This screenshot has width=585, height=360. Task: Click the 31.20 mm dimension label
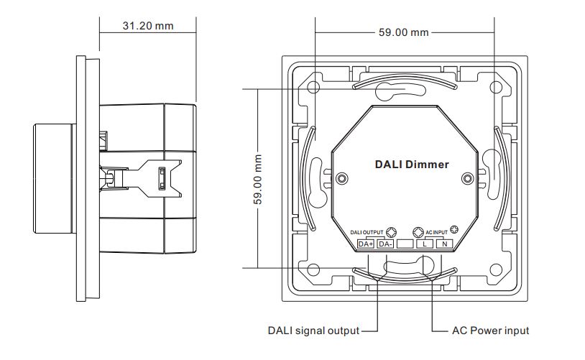point(148,26)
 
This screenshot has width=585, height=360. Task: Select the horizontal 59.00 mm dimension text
point(403,32)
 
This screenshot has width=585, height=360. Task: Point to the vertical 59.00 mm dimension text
point(258,179)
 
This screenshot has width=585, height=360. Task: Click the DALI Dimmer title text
point(412,165)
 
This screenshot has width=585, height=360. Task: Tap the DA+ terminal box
point(365,244)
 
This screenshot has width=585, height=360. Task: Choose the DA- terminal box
point(384,244)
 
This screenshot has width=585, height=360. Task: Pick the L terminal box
point(425,244)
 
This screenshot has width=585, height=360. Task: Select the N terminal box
point(445,244)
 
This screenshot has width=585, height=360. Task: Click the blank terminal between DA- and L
point(405,244)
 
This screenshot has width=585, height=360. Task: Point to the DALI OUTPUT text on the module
point(367,233)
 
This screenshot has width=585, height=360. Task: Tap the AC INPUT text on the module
point(436,233)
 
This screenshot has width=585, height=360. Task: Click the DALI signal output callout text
point(313,331)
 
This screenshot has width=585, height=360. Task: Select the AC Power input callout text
point(490,331)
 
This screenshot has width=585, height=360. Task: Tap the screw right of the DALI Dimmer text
point(467,178)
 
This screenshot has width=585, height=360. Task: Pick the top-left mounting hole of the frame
point(313,88)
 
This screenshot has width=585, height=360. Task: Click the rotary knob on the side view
point(53,177)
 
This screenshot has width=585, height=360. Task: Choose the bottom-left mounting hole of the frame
point(313,269)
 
